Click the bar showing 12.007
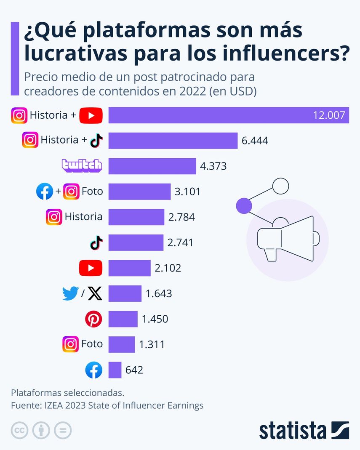229,115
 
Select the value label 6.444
255,141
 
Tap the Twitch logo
82,166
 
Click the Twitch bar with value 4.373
152,166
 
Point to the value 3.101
187,192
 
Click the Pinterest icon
93,319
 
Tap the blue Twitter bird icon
70,293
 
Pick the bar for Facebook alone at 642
115,370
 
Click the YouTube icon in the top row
91,115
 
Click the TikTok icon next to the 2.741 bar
96,242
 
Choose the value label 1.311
152,345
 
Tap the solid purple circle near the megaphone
243,205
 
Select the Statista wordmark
292,431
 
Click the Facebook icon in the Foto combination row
45,192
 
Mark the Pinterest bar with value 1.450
123,319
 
